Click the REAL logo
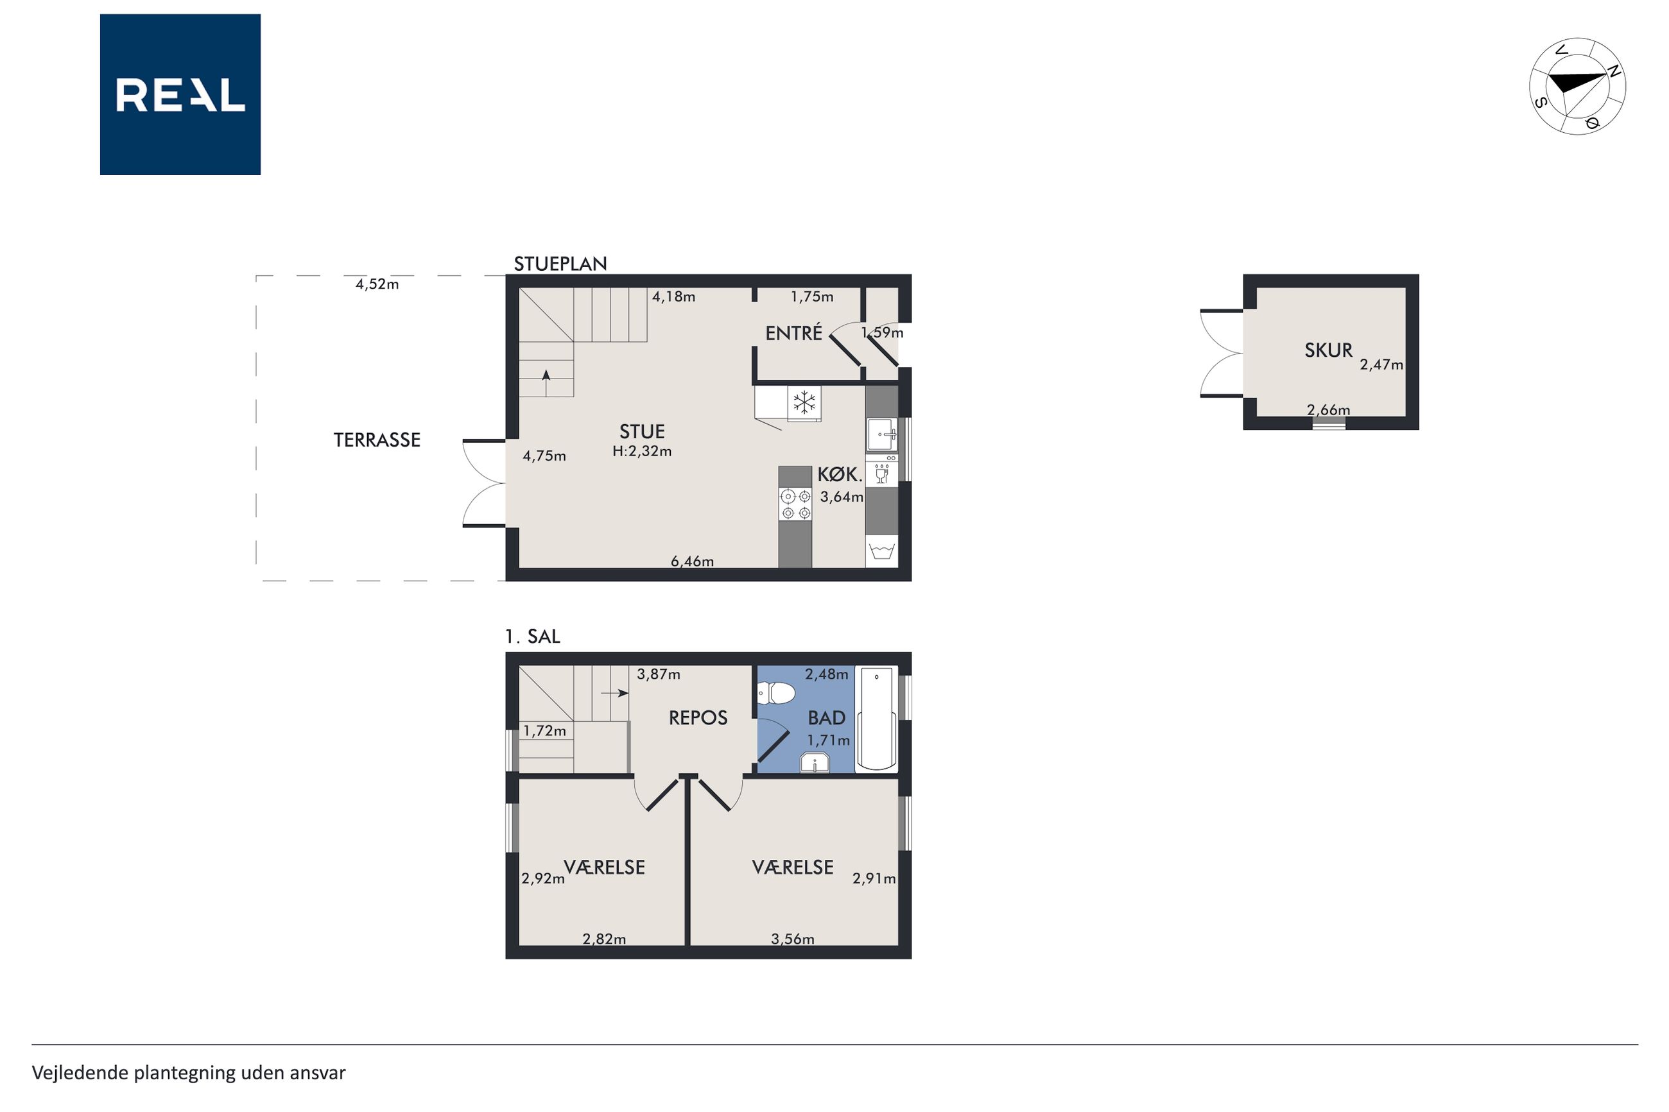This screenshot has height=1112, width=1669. (x=180, y=94)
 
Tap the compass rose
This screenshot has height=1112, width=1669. (x=1577, y=86)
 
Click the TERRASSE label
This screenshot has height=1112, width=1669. (x=377, y=440)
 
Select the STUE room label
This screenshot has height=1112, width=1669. (x=642, y=431)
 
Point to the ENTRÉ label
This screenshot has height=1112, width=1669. (x=793, y=332)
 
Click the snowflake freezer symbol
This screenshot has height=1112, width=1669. (x=804, y=403)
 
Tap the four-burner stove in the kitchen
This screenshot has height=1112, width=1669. (x=795, y=504)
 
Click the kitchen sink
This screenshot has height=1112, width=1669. (x=881, y=435)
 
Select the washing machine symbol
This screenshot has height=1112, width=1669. (x=881, y=551)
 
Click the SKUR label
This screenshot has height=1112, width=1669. (x=1329, y=350)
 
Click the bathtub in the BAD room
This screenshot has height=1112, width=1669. (x=877, y=719)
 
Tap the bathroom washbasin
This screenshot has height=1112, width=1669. (x=815, y=763)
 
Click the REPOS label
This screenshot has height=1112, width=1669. (x=698, y=717)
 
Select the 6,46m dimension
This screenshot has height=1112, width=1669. (x=692, y=561)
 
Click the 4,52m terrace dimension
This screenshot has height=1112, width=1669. (x=377, y=284)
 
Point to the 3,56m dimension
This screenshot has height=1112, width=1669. (x=792, y=939)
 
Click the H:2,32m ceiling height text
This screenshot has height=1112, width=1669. (x=642, y=451)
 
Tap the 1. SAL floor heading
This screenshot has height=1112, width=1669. (x=533, y=636)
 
